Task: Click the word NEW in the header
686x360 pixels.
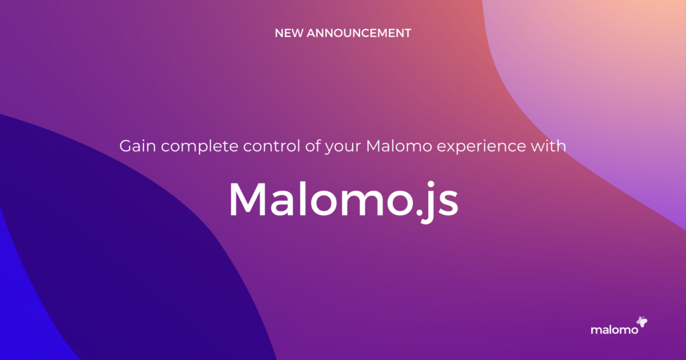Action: click(x=289, y=33)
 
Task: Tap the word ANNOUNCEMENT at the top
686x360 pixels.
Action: click(x=358, y=33)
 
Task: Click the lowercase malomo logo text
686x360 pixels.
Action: click(x=611, y=330)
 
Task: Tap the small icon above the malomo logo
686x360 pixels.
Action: click(x=642, y=322)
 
